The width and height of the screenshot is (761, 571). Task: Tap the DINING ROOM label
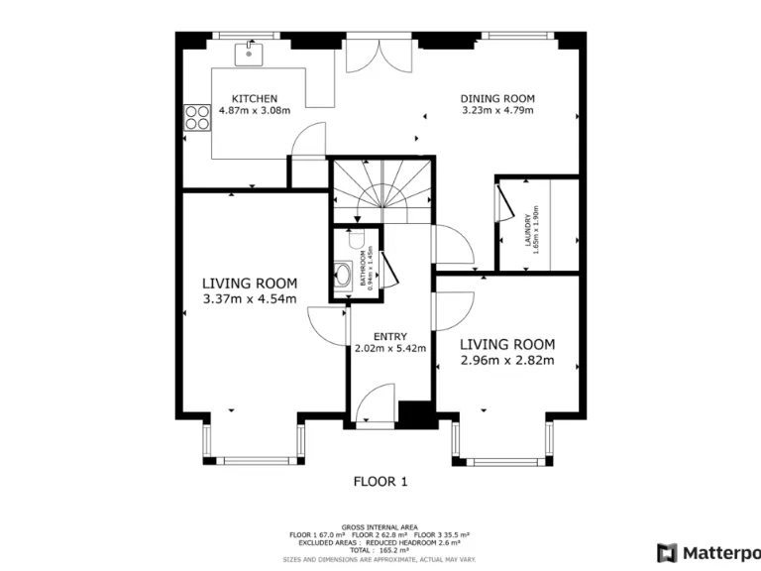(x=497, y=98)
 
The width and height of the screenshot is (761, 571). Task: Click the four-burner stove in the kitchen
(x=195, y=119)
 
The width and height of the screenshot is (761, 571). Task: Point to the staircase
(x=380, y=189)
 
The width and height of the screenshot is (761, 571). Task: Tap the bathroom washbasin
(x=343, y=275)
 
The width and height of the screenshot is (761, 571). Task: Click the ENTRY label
(x=389, y=336)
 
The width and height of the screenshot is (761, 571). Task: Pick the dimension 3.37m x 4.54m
(x=249, y=299)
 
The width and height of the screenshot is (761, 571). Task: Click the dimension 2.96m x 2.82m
(x=506, y=361)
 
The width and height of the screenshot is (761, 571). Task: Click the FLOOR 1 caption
(x=380, y=482)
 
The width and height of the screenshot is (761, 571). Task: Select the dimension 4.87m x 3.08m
(x=254, y=110)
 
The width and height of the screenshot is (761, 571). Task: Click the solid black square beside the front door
(x=413, y=413)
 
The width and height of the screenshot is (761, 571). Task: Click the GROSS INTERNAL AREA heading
(x=380, y=527)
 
